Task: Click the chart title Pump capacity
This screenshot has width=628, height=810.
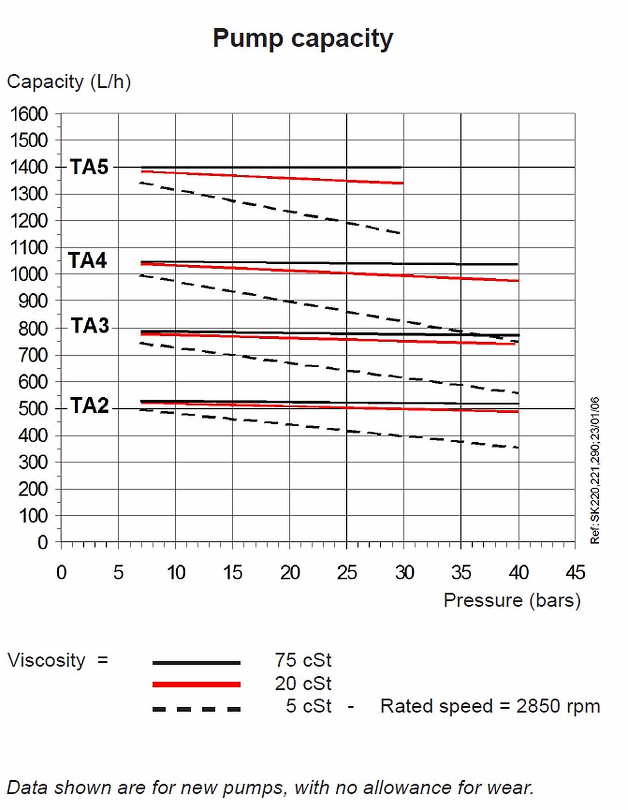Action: [303, 39]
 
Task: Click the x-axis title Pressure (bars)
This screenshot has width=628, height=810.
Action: [512, 600]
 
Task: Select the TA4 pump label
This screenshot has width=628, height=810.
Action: [87, 260]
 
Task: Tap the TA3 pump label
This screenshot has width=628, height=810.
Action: [90, 326]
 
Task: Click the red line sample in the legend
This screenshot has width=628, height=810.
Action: [197, 684]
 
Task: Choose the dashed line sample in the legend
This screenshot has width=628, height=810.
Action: [197, 709]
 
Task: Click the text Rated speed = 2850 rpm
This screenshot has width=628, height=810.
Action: [490, 706]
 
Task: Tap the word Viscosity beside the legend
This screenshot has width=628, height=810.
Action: [47, 660]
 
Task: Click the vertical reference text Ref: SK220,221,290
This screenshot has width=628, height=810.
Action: [595, 471]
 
